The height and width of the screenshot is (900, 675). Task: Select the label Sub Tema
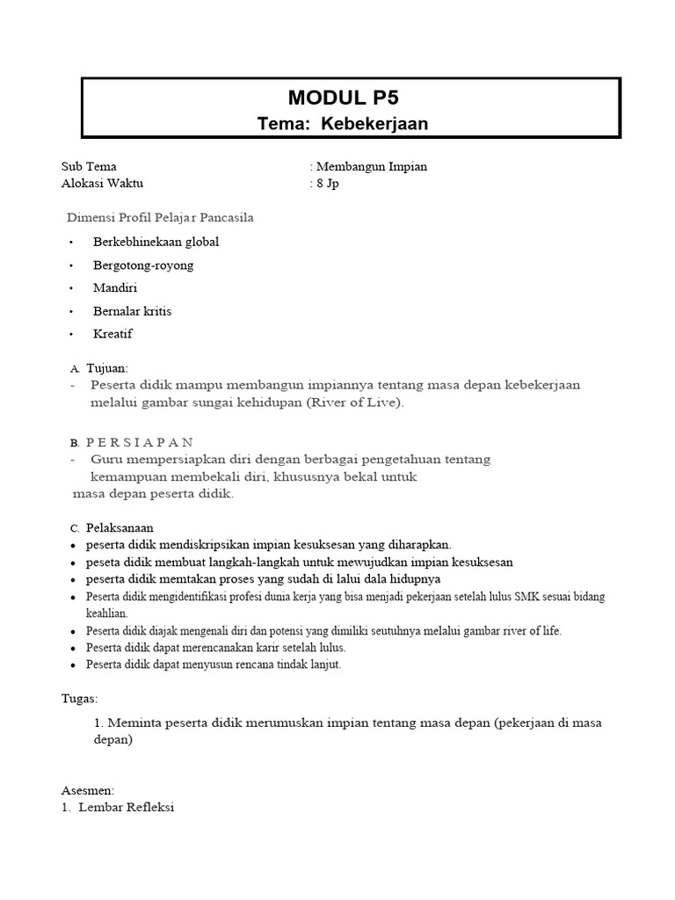coord(89,166)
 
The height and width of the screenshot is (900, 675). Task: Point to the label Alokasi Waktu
coord(102,183)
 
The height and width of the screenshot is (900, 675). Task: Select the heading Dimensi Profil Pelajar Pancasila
coord(161,217)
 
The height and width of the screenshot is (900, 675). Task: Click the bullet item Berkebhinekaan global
coord(156,242)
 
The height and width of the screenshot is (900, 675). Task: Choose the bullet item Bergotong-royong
coord(143,265)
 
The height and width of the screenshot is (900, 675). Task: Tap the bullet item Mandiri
coord(115,287)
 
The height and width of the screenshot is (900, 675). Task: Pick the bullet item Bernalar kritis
coord(133,311)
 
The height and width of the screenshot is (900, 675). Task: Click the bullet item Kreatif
coord(113,334)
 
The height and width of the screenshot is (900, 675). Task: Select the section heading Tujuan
coord(106,368)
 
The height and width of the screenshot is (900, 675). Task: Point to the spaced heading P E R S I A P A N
coord(140,441)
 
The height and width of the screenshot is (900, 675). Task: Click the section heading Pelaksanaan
coord(120,527)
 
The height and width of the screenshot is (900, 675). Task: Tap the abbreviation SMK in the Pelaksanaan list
coord(517,597)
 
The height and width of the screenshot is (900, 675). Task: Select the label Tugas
coord(80,699)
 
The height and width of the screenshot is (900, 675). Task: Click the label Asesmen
coord(88,790)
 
